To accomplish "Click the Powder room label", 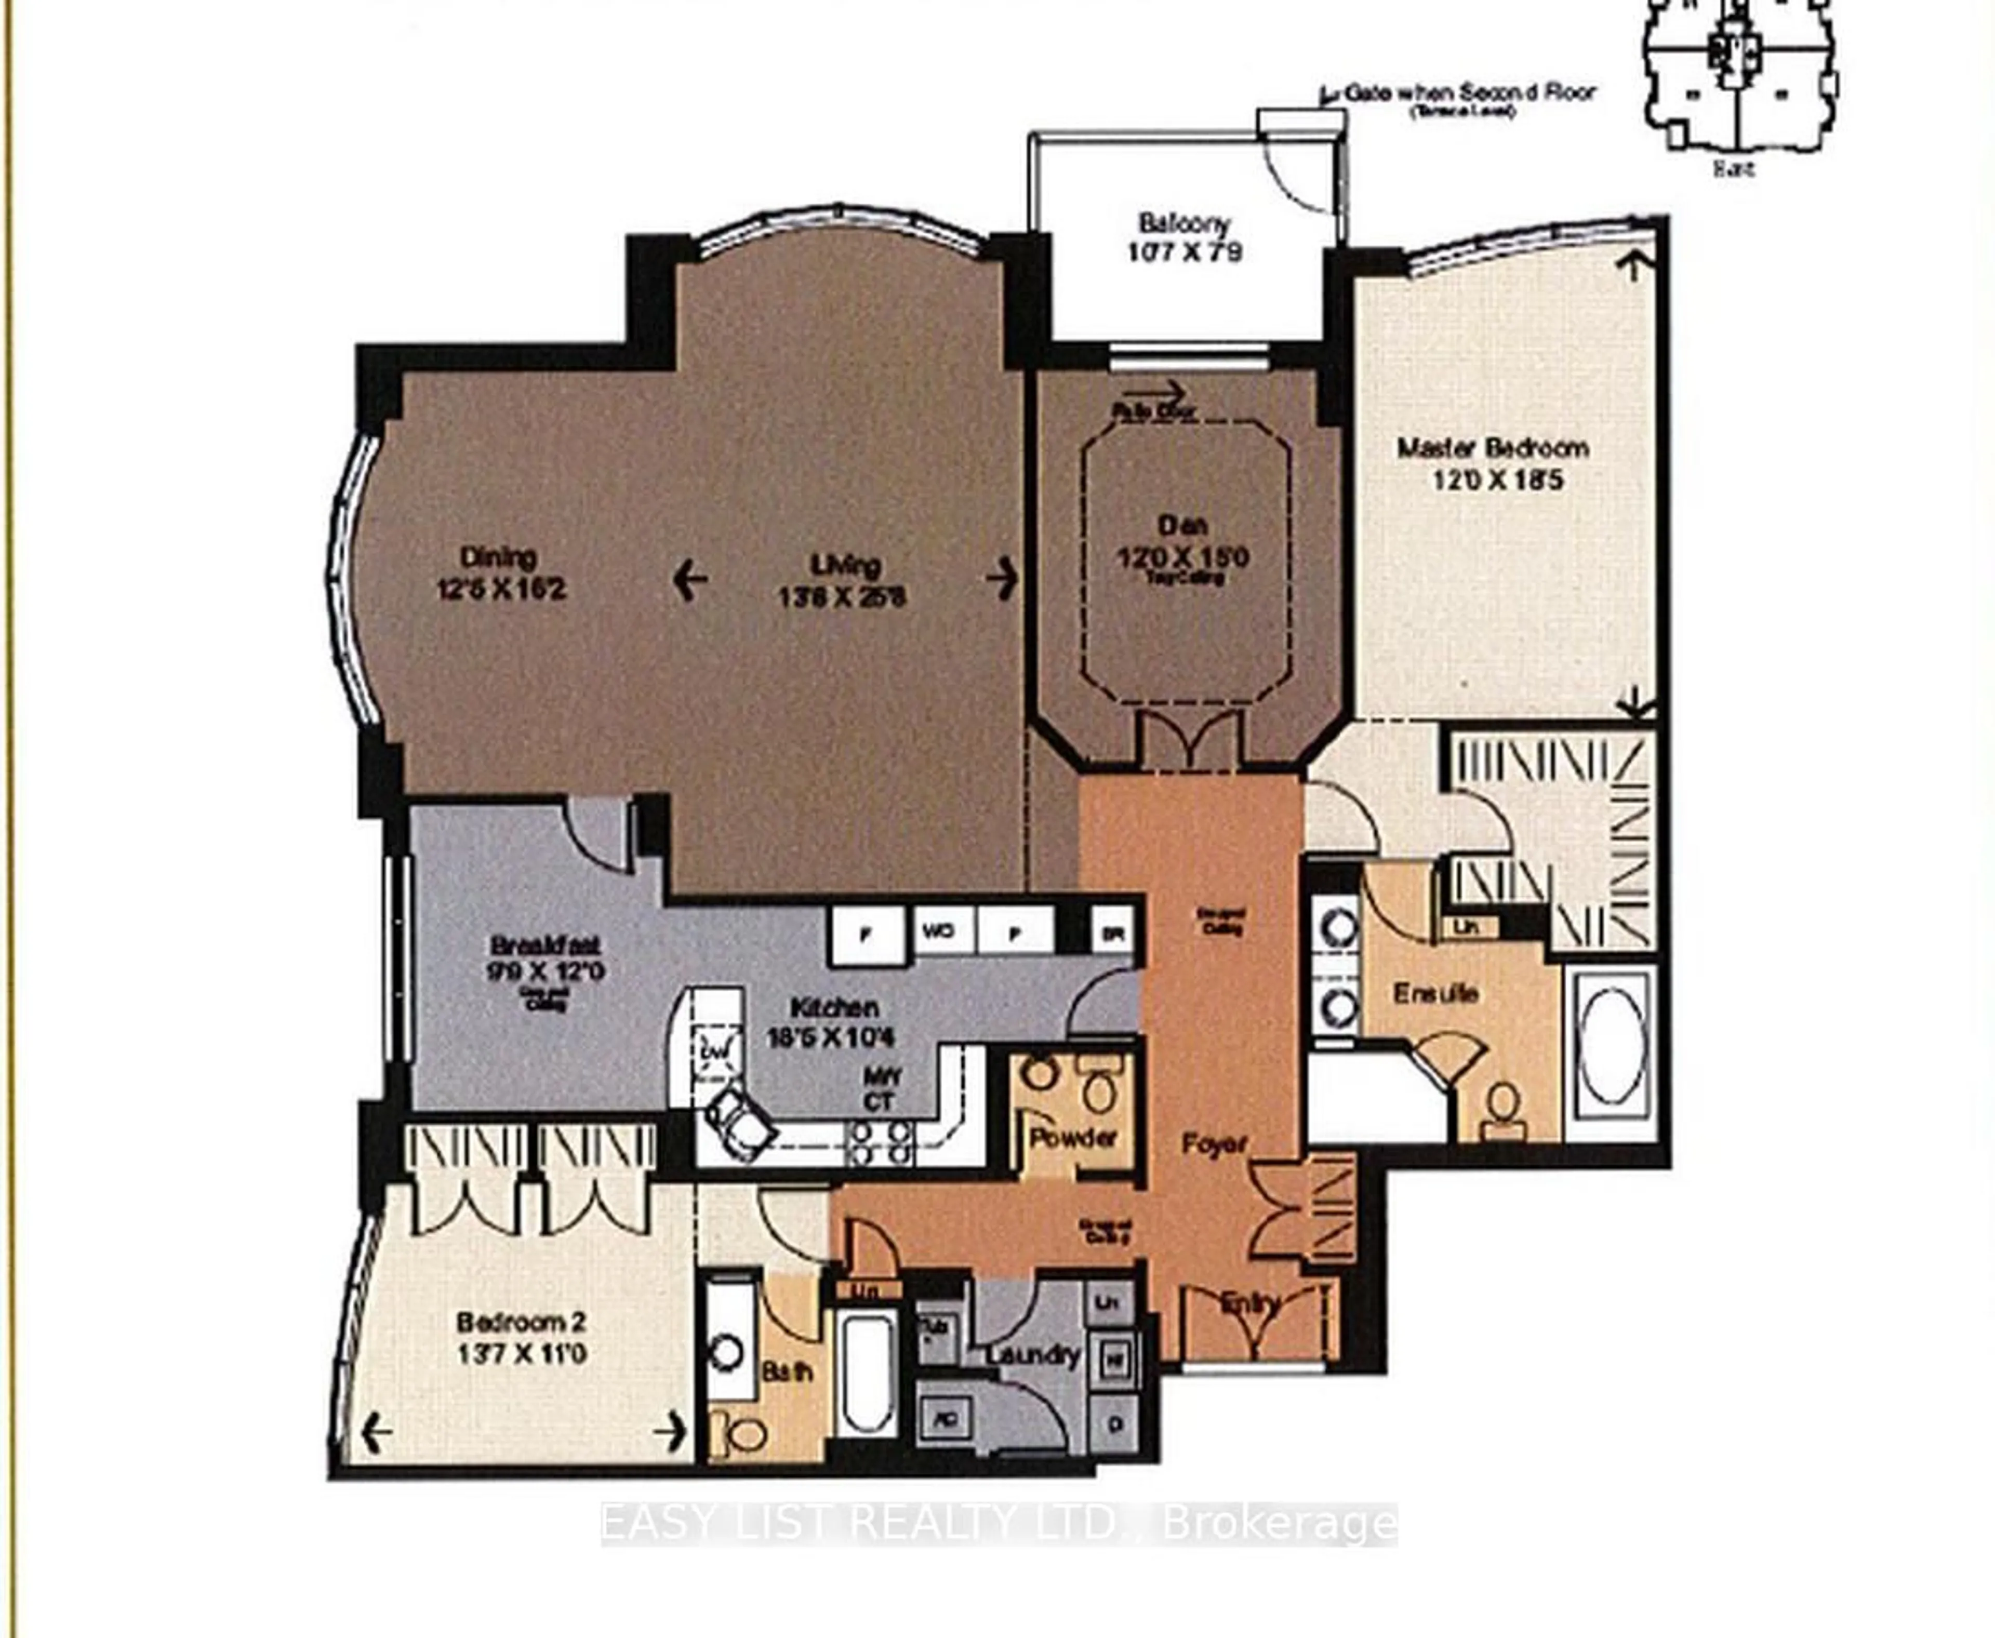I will (x=1073, y=1138).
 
